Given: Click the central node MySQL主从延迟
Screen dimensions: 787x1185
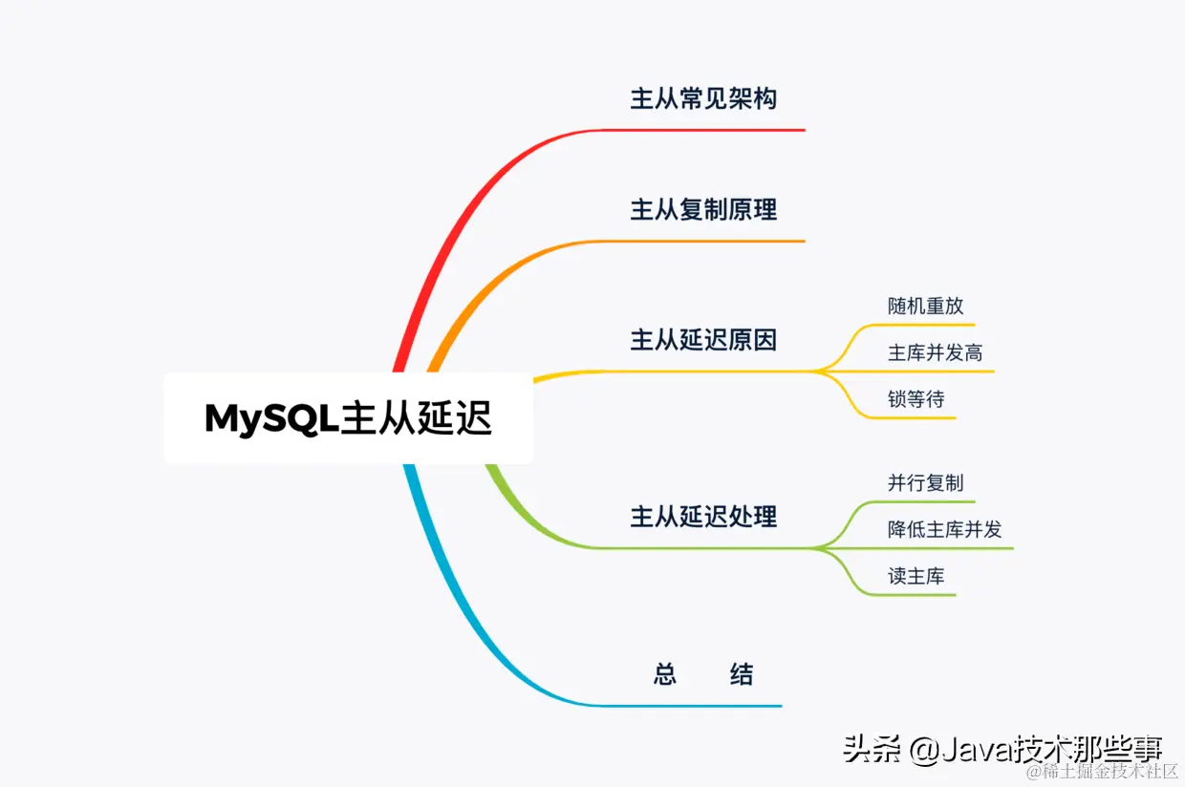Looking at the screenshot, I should click(348, 418).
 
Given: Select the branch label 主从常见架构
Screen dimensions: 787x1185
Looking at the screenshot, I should click(703, 98).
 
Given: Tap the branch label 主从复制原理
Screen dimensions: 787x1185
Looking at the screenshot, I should click(703, 209).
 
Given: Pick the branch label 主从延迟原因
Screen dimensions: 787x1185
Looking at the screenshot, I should click(703, 339).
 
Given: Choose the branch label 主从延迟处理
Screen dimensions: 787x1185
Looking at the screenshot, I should click(703, 517).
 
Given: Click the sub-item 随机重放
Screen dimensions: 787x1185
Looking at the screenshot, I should click(925, 306).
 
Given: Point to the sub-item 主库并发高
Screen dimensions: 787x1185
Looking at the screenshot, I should click(935, 352).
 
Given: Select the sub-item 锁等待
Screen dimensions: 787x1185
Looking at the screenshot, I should click(916, 399).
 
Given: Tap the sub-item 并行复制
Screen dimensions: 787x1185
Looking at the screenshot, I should click(925, 483).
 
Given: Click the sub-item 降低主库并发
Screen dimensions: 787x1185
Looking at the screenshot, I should click(944, 529).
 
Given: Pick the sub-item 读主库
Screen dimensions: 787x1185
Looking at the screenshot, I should click(916, 576).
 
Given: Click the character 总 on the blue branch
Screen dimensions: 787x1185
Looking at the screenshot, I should click(665, 675).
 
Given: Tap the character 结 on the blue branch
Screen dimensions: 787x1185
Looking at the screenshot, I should click(742, 675).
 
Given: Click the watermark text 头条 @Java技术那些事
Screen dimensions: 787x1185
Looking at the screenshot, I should click(1002, 749).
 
